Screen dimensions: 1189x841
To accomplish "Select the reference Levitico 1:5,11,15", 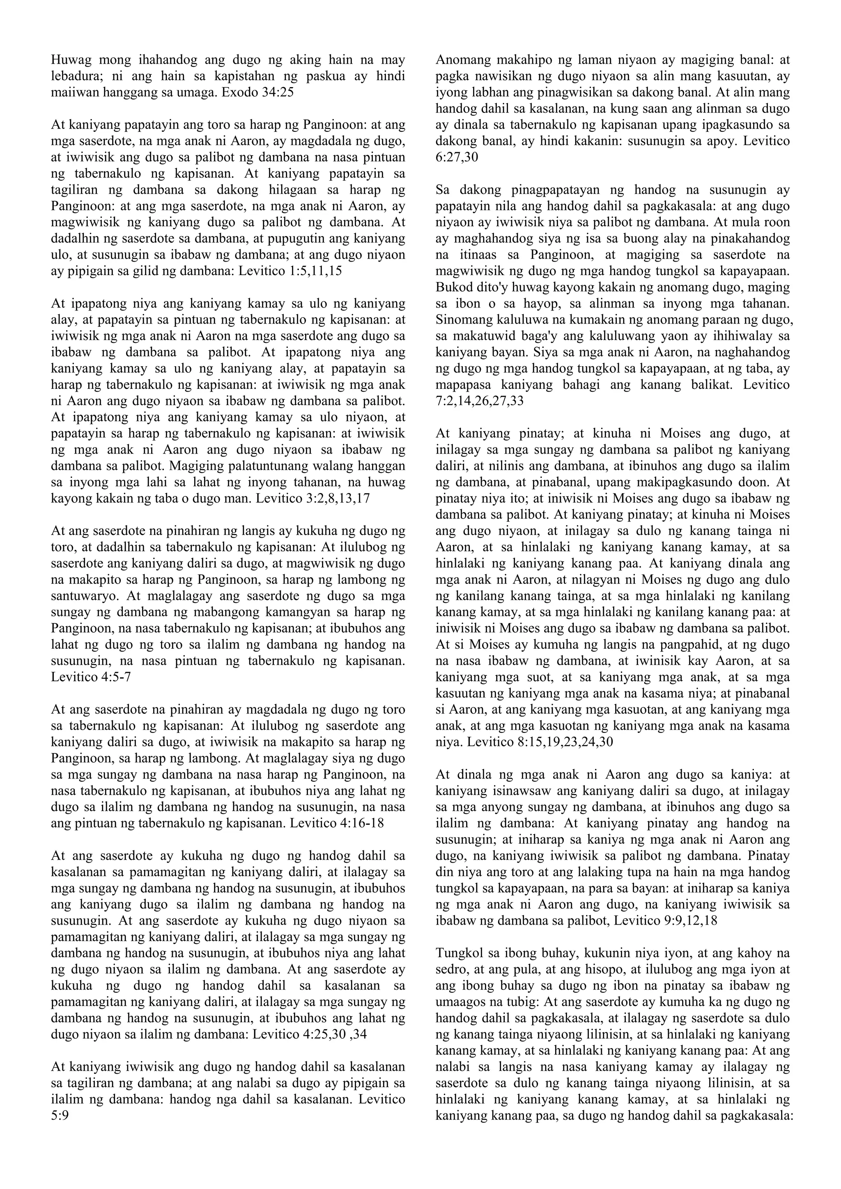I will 290,271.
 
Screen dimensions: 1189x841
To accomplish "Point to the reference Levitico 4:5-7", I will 91,677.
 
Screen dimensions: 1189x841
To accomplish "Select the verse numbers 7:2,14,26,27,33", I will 480,401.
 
